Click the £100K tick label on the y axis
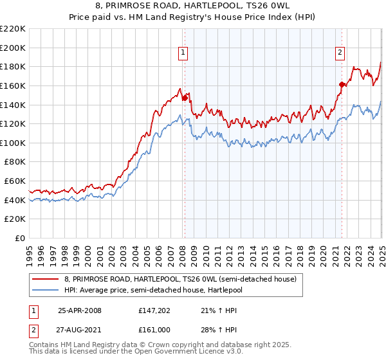click(13, 143)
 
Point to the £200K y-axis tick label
click(13, 48)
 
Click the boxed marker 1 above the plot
click(183, 53)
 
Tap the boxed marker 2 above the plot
click(340, 53)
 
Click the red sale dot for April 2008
click(185, 98)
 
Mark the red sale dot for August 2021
click(342, 84)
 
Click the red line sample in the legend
click(46, 279)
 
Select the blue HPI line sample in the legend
click(46, 290)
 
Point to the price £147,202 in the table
click(152, 310)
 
